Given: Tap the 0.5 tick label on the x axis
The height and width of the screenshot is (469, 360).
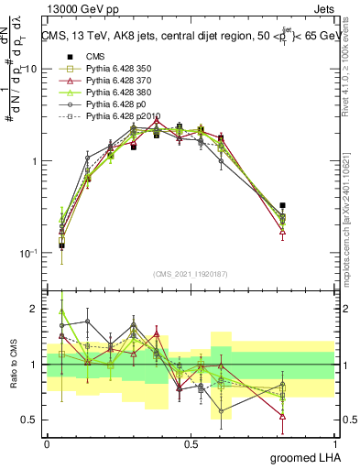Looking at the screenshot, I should click(191, 442).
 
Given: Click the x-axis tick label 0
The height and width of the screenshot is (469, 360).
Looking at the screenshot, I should click(47, 442).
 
